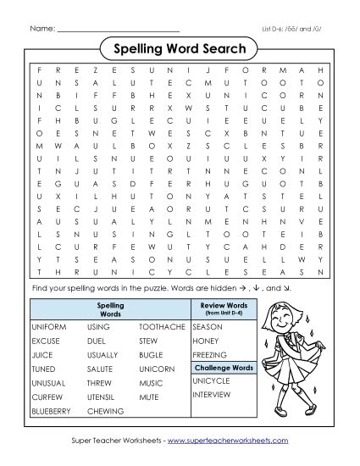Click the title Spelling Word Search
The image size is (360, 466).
tap(180, 48)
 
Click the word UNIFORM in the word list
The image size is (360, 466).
tap(48, 325)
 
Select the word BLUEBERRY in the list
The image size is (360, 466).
tap(53, 411)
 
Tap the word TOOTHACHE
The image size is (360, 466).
tap(158, 325)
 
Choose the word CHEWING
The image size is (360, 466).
tap(104, 411)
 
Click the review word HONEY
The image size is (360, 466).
tap(206, 340)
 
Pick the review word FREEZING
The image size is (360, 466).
tap(211, 354)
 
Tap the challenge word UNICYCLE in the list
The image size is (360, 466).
tap(211, 381)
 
